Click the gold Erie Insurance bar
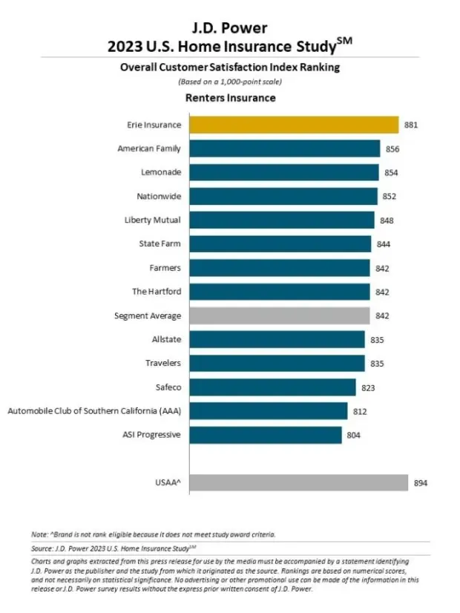click(294, 125)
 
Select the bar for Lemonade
click(284, 172)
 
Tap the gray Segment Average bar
click(280, 315)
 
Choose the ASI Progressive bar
click(266, 434)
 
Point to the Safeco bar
click(272, 387)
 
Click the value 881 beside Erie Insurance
click(411, 125)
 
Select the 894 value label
click(421, 483)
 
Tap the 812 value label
click(360, 410)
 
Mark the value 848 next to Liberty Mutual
click(387, 220)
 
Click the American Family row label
click(149, 148)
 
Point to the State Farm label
click(160, 243)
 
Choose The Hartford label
click(157, 292)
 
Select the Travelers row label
click(162, 363)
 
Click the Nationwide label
click(159, 196)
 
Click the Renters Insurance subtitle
click(230, 98)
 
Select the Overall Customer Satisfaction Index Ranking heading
click(230, 67)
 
